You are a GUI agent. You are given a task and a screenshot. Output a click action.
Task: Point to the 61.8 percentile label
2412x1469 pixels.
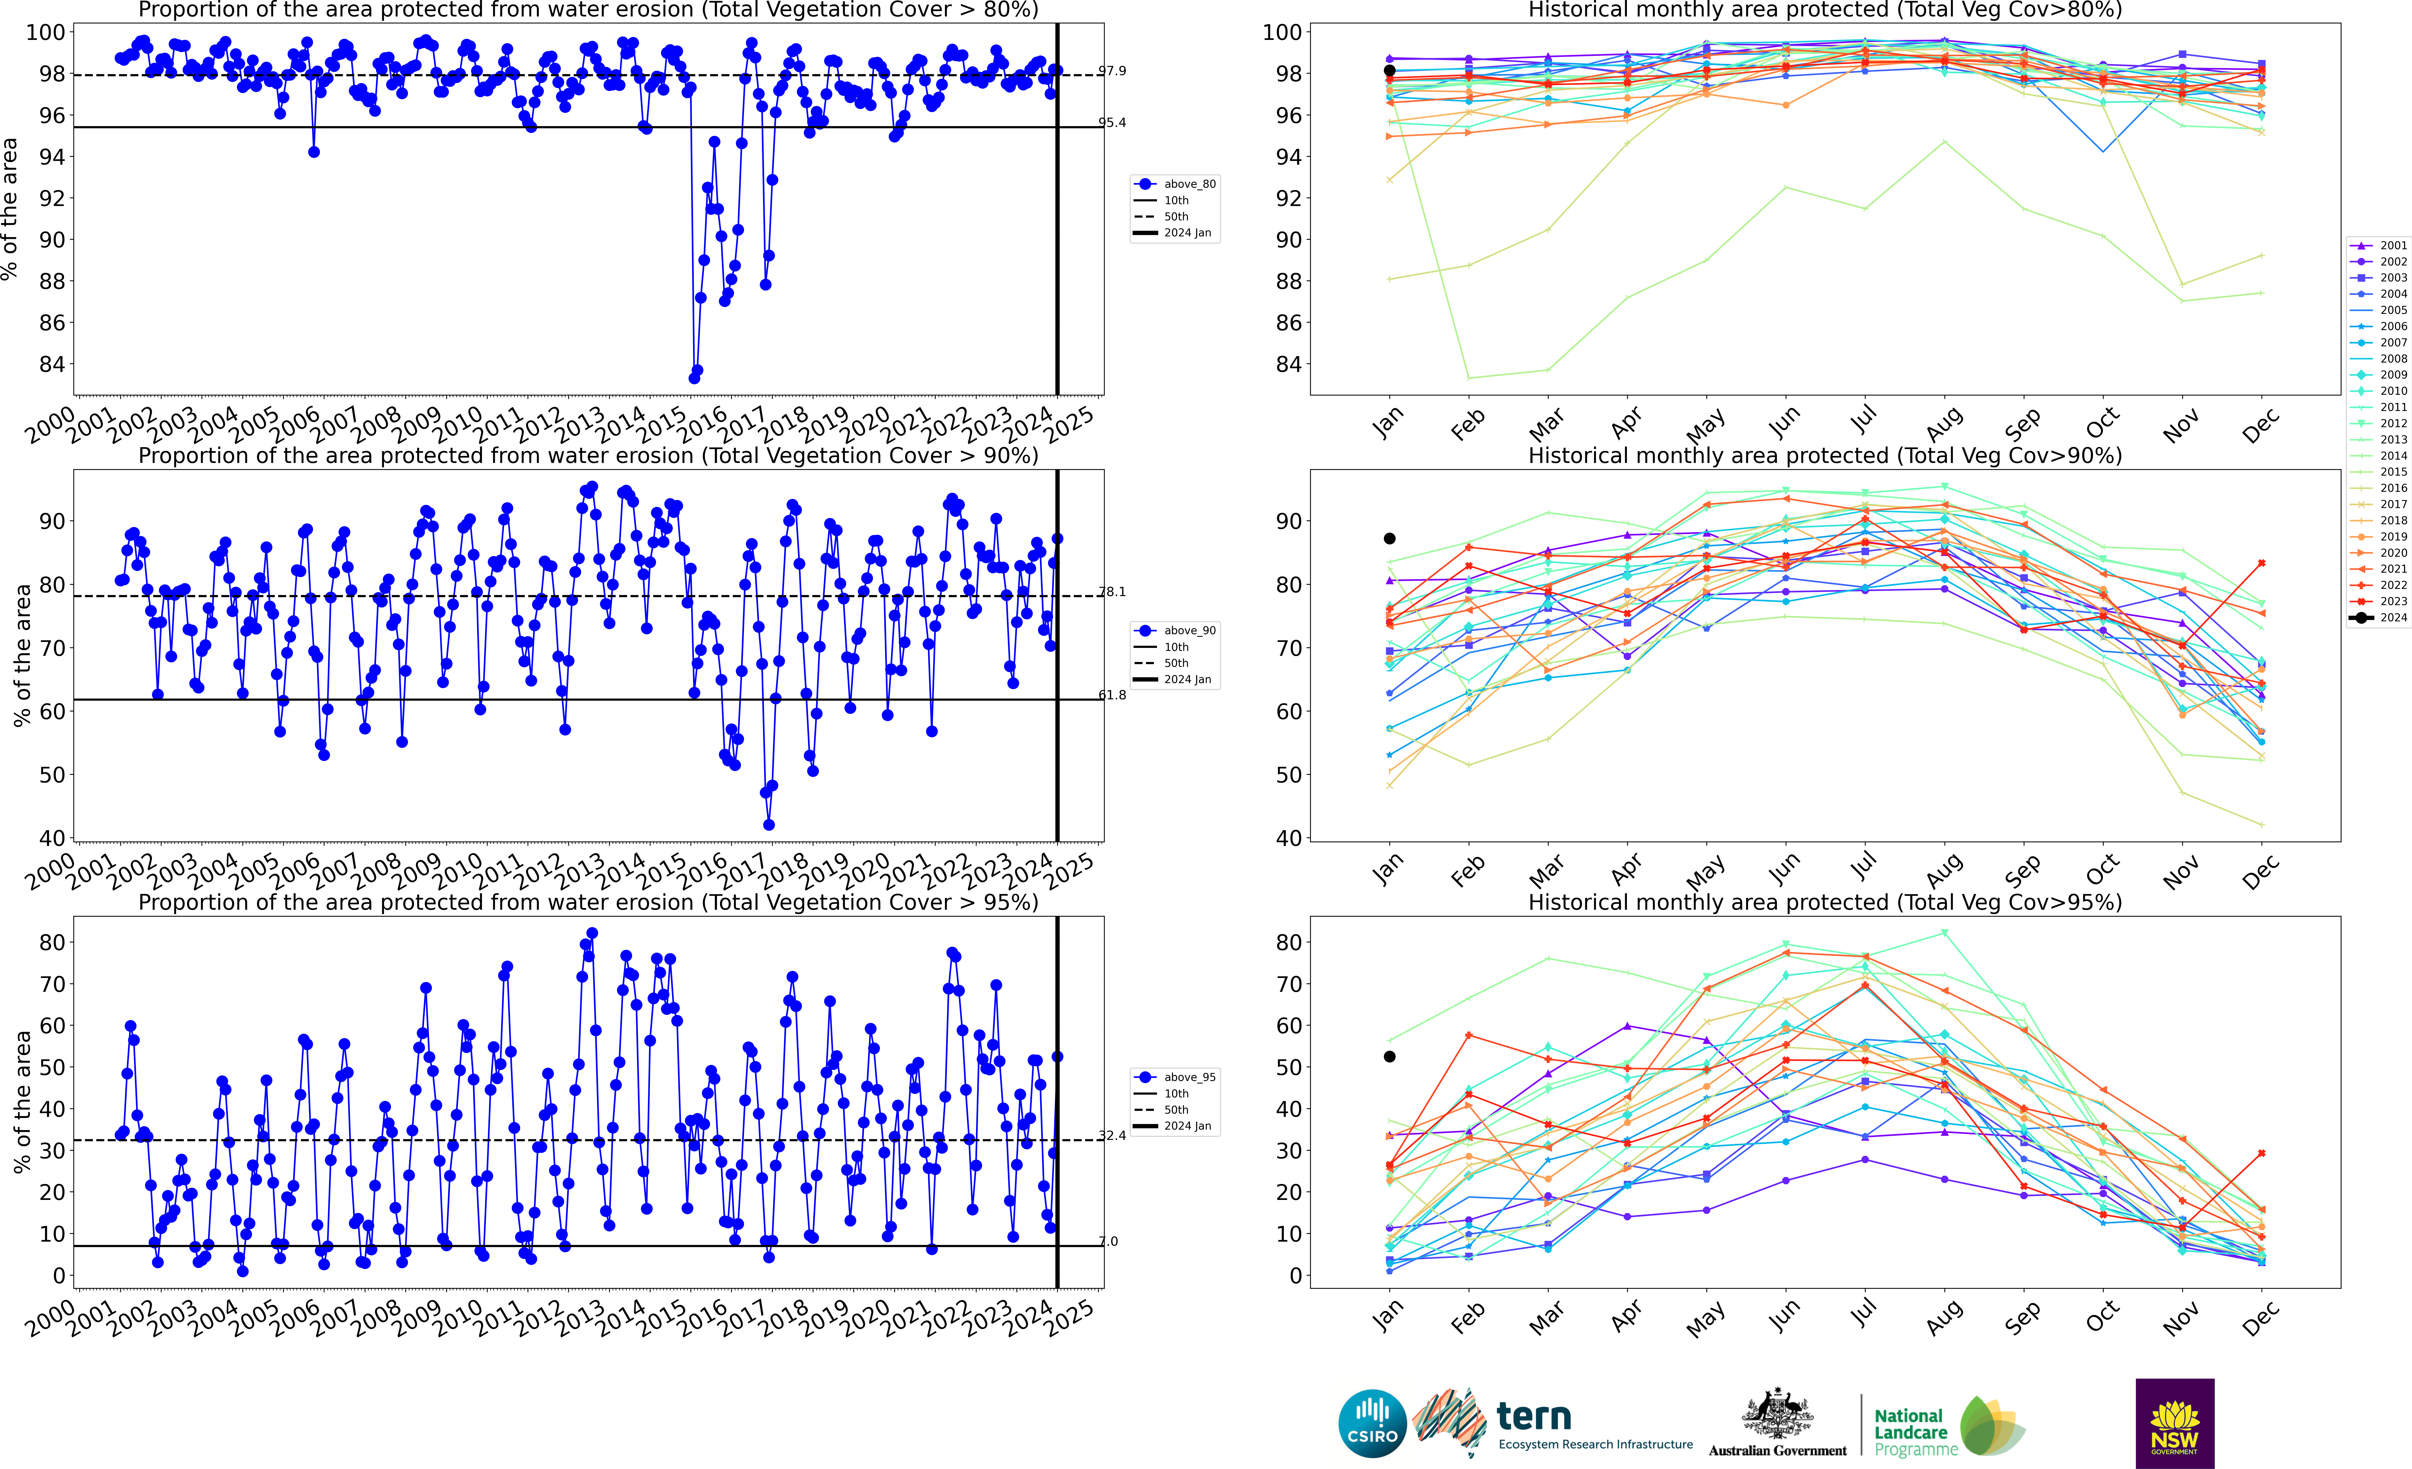pyautogui.click(x=1112, y=695)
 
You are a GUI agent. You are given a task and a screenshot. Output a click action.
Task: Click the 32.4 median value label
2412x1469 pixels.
pyautogui.click(x=1112, y=1136)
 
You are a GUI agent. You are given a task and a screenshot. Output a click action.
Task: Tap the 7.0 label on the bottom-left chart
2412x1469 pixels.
pyautogui.click(x=1108, y=1242)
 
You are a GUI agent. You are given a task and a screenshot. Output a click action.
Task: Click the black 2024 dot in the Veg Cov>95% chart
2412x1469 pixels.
pyautogui.click(x=1389, y=1057)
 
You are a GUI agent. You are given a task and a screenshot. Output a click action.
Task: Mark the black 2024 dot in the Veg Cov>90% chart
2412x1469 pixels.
pyautogui.click(x=1389, y=539)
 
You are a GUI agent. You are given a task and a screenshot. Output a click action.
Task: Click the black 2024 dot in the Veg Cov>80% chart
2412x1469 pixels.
pyautogui.click(x=1389, y=71)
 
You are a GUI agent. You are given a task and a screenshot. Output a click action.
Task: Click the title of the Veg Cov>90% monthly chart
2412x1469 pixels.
pyautogui.click(x=1825, y=456)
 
